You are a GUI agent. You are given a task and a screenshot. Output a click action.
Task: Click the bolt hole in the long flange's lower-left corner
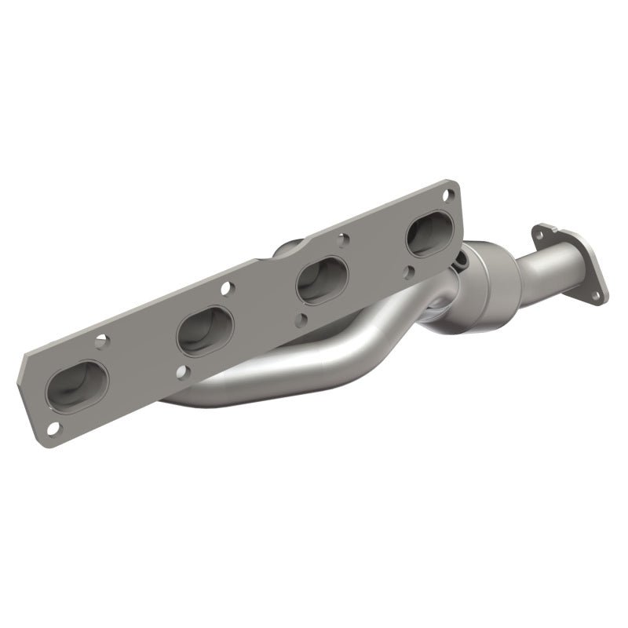[53, 428]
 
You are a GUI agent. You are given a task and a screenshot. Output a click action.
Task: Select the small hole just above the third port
[341, 235]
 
